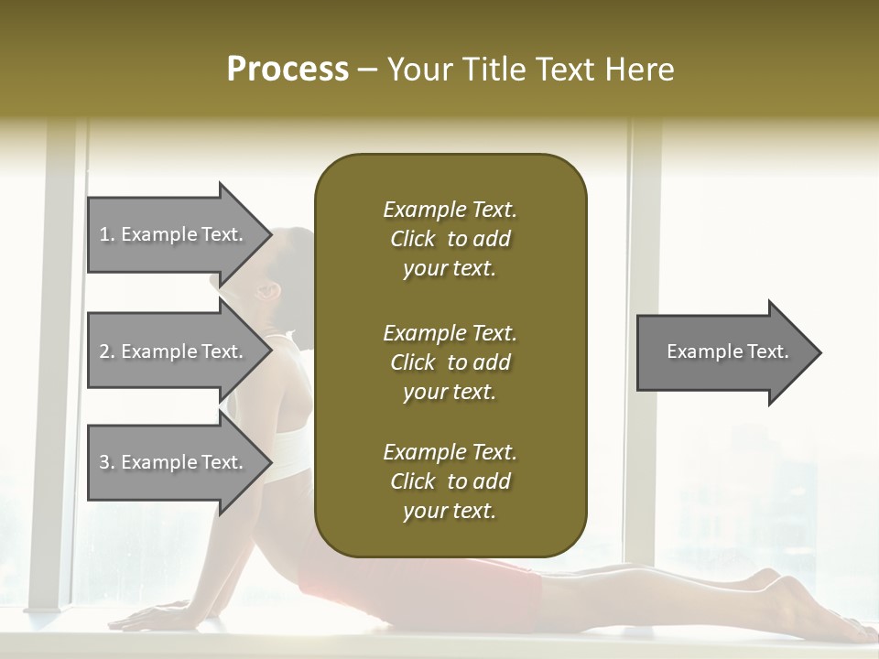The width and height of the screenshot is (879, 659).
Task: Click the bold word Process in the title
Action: tap(288, 70)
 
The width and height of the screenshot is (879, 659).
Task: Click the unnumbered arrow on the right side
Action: tap(728, 351)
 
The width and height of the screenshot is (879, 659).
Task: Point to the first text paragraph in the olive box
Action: tap(450, 239)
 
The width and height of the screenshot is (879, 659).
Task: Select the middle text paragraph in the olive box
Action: tap(450, 362)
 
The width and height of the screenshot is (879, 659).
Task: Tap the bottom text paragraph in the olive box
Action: tap(450, 481)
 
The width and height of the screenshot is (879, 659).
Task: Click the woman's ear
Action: tap(268, 292)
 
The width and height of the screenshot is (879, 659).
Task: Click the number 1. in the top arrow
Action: tap(106, 234)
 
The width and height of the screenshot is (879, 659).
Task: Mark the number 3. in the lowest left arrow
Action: tap(107, 462)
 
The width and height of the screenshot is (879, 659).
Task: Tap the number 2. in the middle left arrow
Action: tap(107, 351)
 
